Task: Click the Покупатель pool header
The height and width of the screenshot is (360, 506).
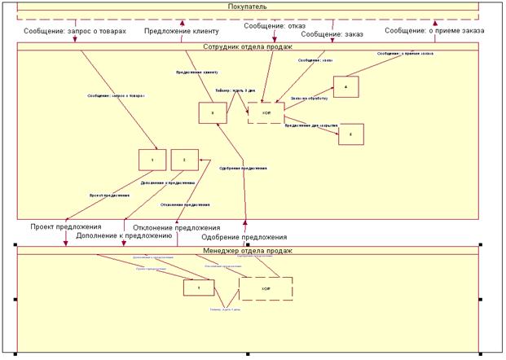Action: [247, 7]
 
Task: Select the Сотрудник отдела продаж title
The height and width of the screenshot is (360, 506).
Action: [247, 46]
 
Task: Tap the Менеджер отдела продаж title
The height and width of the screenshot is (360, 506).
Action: [247, 250]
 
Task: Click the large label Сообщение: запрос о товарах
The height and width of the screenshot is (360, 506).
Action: [77, 31]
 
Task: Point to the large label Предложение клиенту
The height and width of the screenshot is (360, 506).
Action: [183, 31]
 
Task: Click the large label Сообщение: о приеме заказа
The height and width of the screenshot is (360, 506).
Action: [434, 31]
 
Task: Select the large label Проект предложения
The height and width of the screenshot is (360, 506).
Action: [66, 226]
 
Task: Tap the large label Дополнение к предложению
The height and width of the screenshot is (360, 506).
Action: [124, 235]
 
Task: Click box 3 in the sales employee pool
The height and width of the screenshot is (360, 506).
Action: [212, 112]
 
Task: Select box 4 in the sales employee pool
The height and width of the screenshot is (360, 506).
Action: [346, 86]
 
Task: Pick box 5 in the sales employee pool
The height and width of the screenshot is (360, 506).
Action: [351, 134]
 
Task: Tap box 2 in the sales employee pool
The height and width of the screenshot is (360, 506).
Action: [185, 161]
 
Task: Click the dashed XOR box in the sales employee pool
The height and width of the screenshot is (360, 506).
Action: [266, 112]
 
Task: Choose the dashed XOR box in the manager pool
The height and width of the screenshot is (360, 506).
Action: [266, 288]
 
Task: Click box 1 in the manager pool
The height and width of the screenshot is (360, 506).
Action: [200, 287]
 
